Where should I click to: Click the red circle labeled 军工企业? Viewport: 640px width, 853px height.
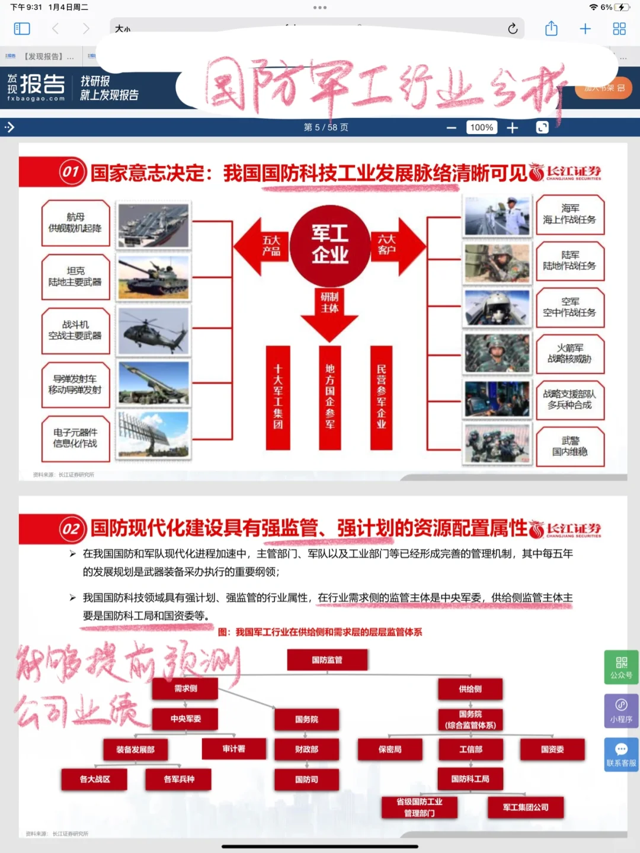tap(329, 244)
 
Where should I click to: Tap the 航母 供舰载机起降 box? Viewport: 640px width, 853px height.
tap(75, 223)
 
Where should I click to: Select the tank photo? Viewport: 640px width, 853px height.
tap(153, 277)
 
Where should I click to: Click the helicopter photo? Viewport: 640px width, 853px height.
tap(153, 331)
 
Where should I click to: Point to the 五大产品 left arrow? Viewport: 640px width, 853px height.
tap(261, 245)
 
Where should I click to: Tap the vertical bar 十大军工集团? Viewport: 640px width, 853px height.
tap(278, 397)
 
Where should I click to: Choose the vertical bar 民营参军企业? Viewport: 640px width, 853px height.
tap(381, 397)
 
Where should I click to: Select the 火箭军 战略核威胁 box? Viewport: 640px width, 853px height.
tap(569, 353)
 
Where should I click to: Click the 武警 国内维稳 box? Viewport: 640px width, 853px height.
tap(569, 446)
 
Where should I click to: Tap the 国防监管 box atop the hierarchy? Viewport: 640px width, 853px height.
tap(327, 660)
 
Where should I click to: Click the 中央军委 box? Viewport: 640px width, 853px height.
tap(185, 719)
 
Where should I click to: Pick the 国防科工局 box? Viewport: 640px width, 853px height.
tap(471, 779)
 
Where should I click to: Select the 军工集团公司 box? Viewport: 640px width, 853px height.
tap(525, 807)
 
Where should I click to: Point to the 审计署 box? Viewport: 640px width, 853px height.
tap(234, 749)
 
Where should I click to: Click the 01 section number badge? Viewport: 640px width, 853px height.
tap(71, 172)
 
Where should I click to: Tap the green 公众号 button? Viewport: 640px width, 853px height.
tap(621, 667)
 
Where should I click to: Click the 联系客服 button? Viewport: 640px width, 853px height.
tap(621, 755)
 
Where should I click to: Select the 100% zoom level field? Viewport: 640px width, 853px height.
tap(481, 127)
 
